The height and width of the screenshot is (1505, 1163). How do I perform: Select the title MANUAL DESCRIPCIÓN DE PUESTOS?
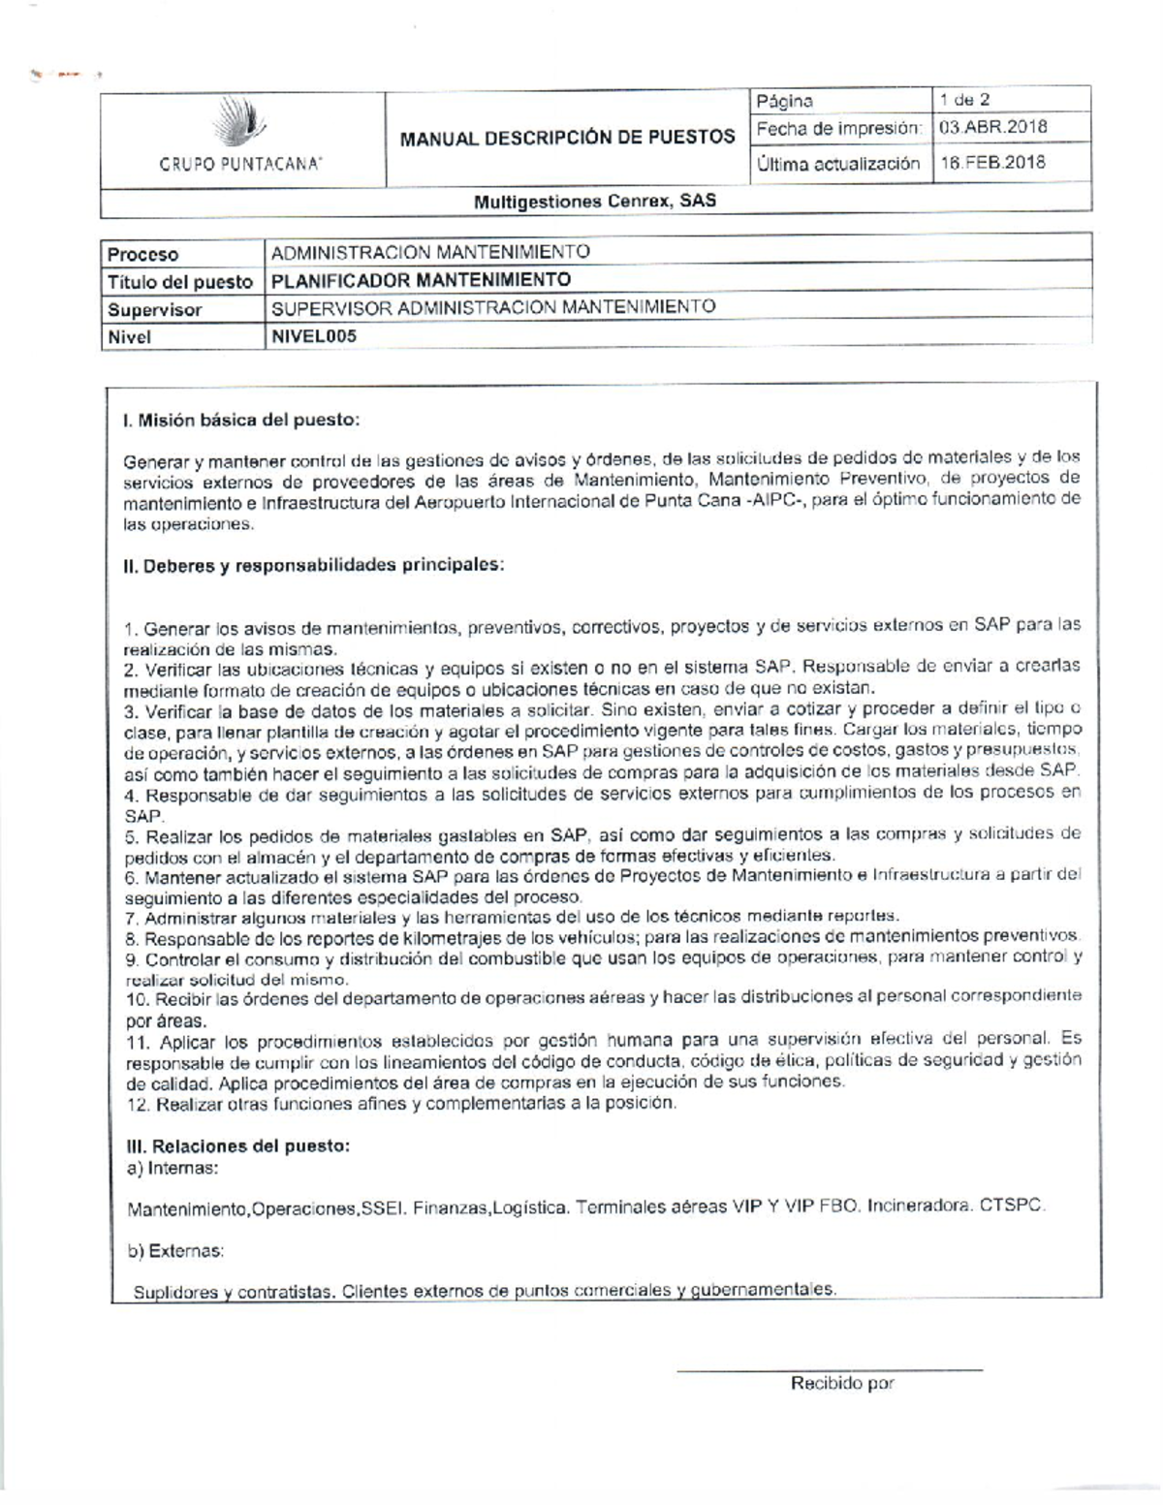tap(567, 137)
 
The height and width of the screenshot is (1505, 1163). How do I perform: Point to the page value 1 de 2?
tap(964, 100)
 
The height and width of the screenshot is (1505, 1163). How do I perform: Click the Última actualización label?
tap(837, 164)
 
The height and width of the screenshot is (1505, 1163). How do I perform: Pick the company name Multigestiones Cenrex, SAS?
tap(594, 202)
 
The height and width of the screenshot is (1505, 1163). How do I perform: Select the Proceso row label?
tap(143, 255)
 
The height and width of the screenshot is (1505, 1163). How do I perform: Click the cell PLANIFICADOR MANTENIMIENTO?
tap(421, 280)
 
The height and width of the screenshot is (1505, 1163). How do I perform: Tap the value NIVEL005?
tap(313, 335)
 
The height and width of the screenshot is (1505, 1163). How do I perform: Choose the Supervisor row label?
tap(155, 310)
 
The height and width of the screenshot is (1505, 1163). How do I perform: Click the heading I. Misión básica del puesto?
tap(241, 421)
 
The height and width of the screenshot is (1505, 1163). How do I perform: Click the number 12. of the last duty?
tap(139, 1104)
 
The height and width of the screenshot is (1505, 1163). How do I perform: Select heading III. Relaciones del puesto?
tap(237, 1146)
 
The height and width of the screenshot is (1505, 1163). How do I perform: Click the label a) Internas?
tap(173, 1168)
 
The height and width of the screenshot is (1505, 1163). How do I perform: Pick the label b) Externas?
tap(175, 1251)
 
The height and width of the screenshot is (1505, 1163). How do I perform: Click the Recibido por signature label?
tap(841, 1384)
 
